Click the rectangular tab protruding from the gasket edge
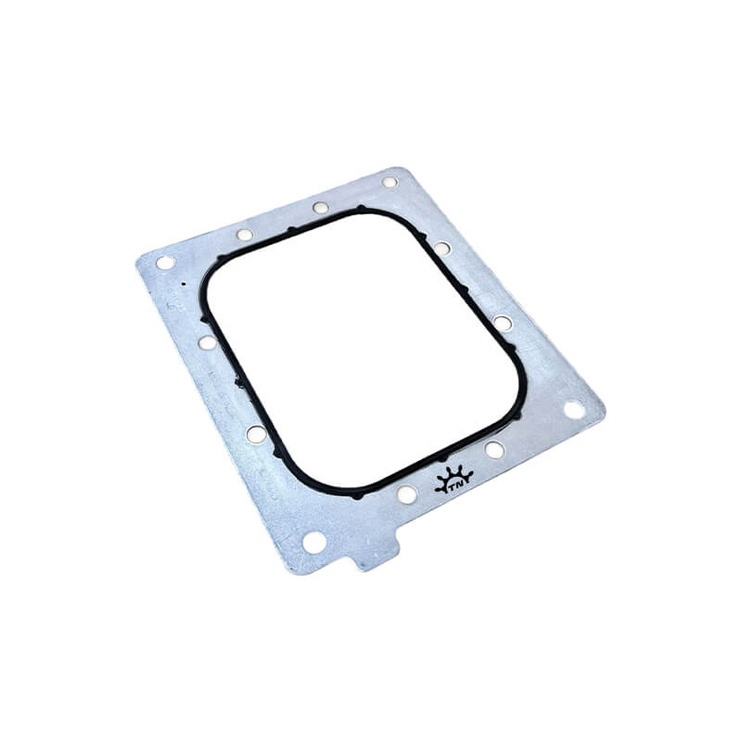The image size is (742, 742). click(377, 556)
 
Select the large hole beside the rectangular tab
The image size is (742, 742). click(313, 542)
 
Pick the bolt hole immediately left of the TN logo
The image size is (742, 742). click(407, 494)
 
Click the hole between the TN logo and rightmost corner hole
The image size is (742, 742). click(494, 450)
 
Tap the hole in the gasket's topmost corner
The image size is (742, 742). click(389, 182)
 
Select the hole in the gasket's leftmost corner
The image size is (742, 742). click(165, 262)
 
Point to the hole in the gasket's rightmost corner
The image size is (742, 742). click(573, 409)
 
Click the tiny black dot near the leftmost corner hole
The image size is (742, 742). click(183, 285)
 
